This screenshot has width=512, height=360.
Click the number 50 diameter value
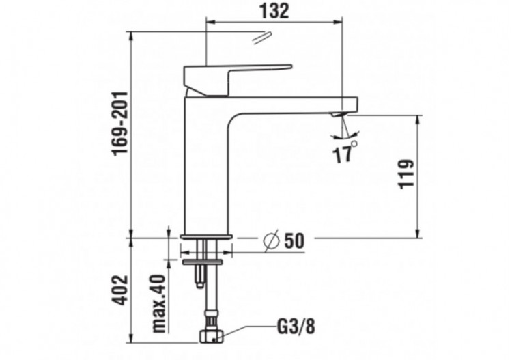pos(294,240)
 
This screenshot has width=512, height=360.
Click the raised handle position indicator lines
pos(259,38)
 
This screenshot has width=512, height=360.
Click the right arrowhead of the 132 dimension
pos(337,23)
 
